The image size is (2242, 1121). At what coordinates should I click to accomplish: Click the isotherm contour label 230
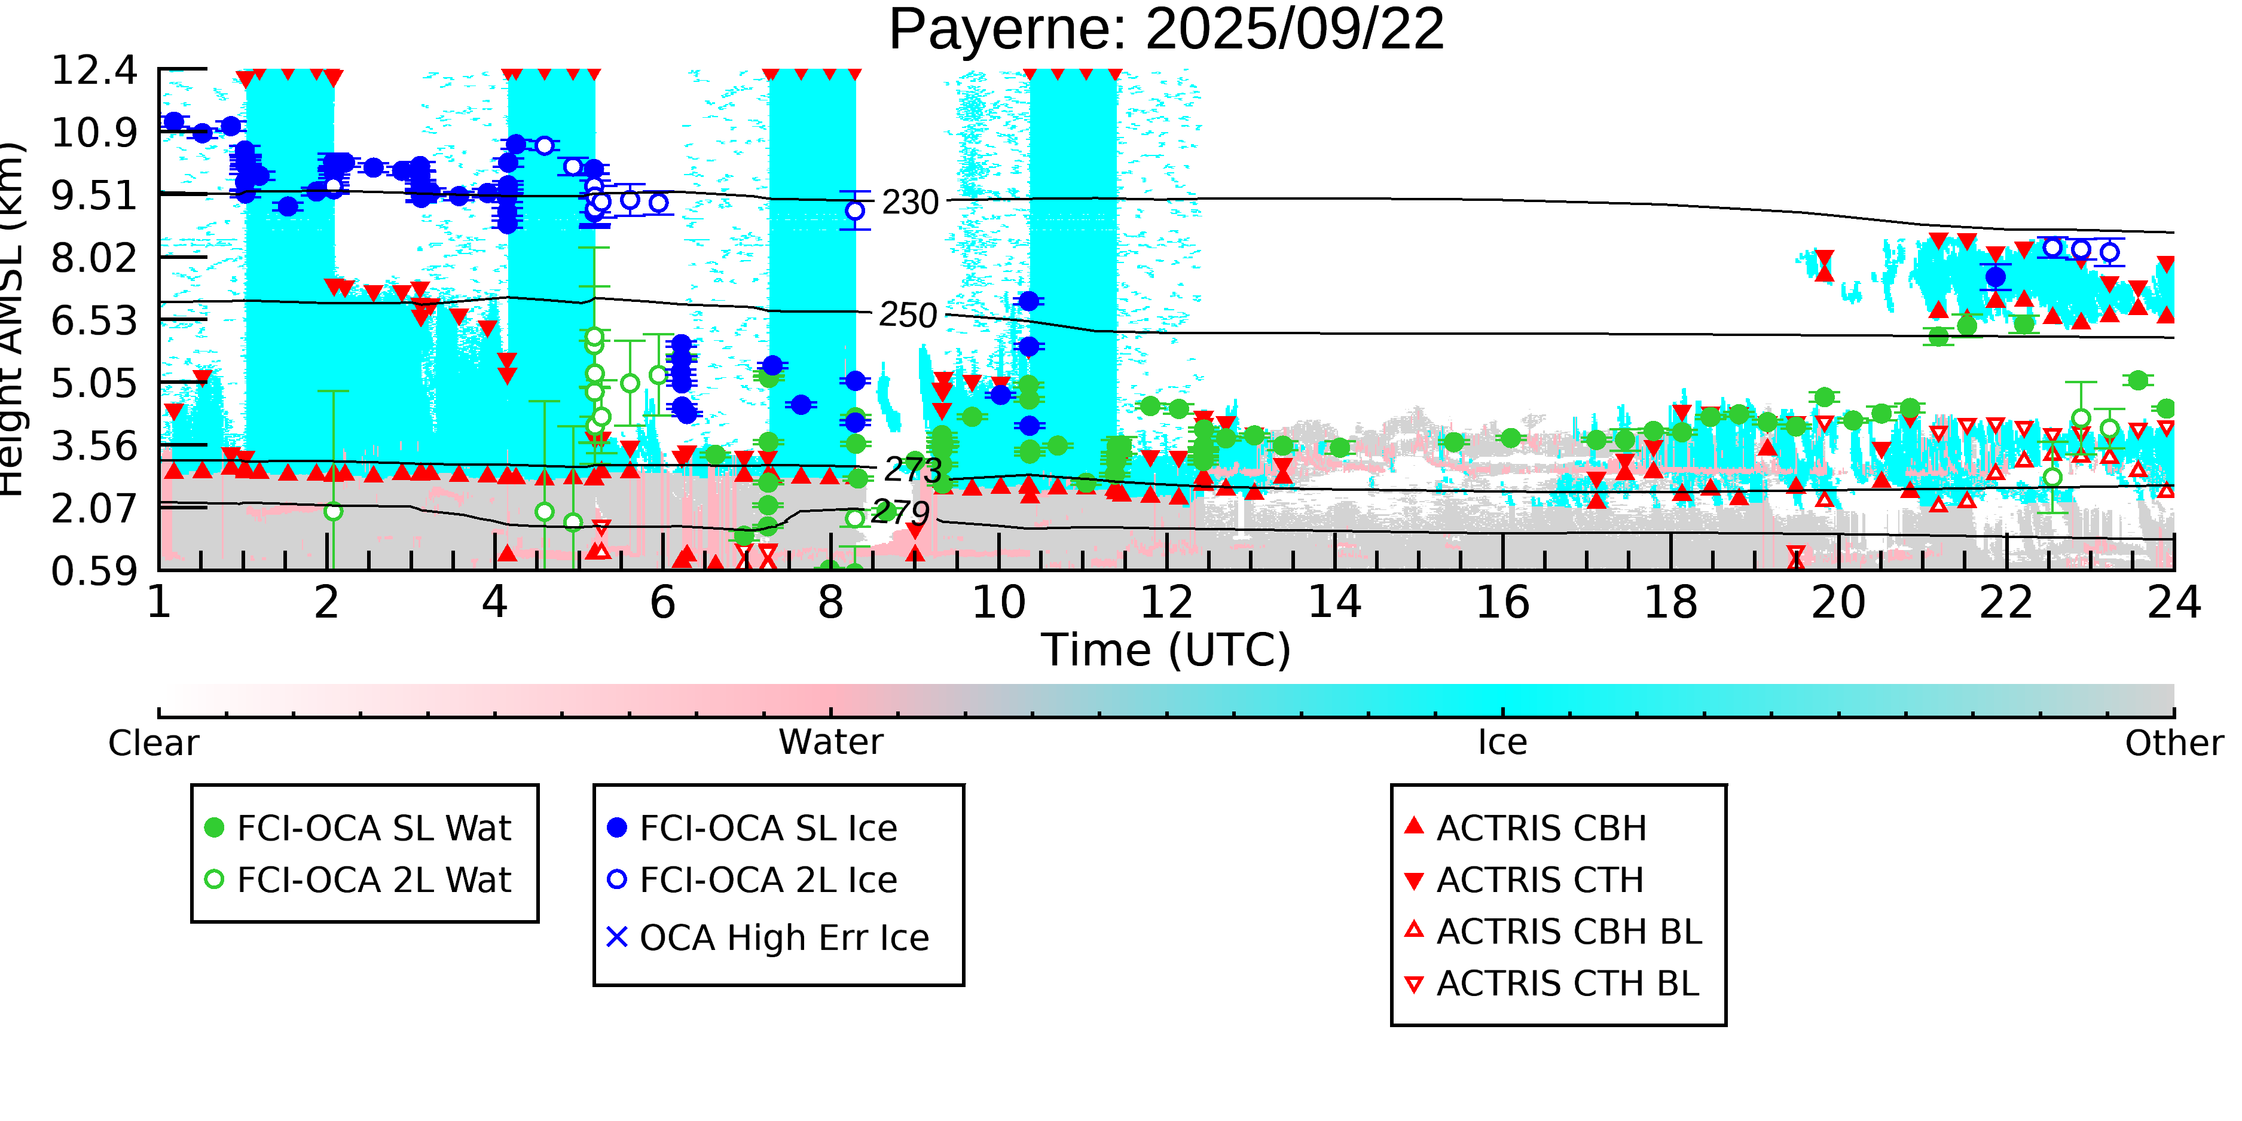(x=909, y=203)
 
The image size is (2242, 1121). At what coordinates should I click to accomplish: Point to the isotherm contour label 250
(x=908, y=315)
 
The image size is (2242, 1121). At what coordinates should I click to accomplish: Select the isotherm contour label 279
(x=900, y=512)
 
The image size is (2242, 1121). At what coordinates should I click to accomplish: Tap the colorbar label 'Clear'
(x=153, y=743)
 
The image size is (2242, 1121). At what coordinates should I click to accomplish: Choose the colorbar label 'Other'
(x=2173, y=743)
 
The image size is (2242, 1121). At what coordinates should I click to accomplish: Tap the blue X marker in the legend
(x=617, y=937)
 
